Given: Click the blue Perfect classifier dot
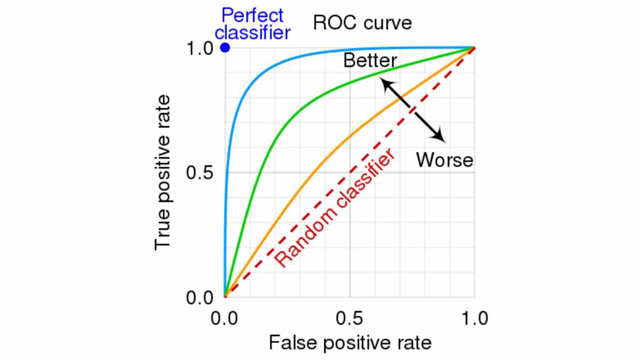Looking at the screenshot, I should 225,47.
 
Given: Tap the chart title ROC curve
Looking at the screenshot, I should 363,23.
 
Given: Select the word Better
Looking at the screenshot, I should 370,61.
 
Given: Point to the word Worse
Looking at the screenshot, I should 445,159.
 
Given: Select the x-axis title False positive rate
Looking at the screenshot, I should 350,342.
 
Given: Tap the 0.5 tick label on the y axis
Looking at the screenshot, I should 199,173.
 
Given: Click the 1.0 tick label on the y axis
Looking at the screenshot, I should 199,49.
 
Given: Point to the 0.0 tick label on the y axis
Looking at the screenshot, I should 199,298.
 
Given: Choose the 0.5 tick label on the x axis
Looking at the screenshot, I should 350,319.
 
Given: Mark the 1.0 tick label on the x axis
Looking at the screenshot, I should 475,319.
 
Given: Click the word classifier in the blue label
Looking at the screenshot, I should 253,33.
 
